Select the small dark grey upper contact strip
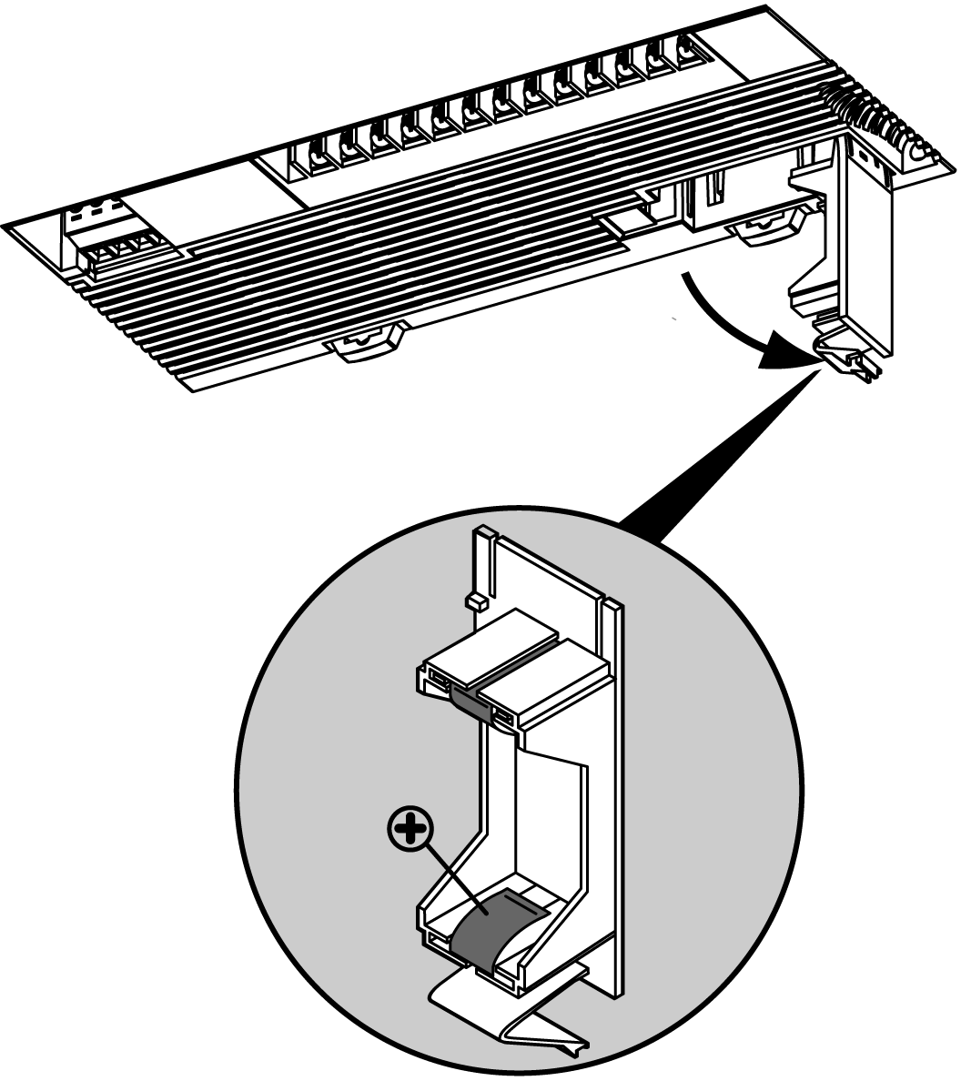(472, 698)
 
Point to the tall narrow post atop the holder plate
(483, 564)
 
